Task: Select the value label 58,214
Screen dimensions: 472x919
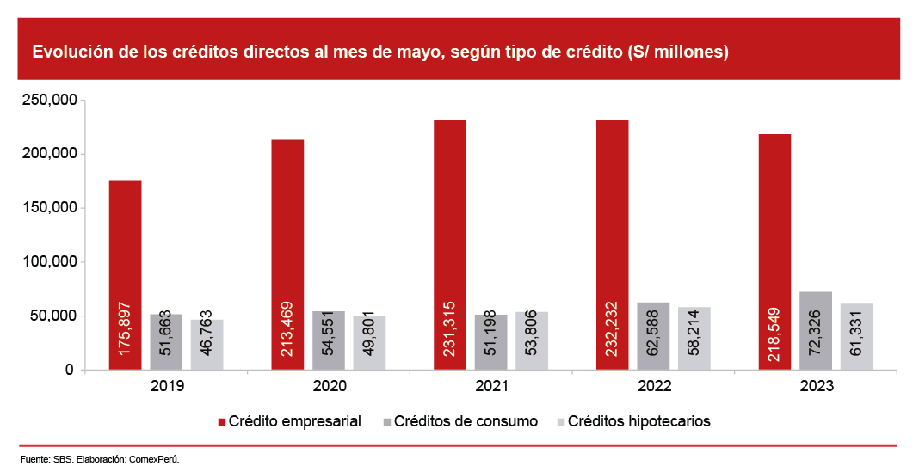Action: [x=694, y=335]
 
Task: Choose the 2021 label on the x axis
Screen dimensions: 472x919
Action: [x=490, y=388]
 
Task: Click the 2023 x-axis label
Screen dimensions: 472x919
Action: [x=816, y=388]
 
